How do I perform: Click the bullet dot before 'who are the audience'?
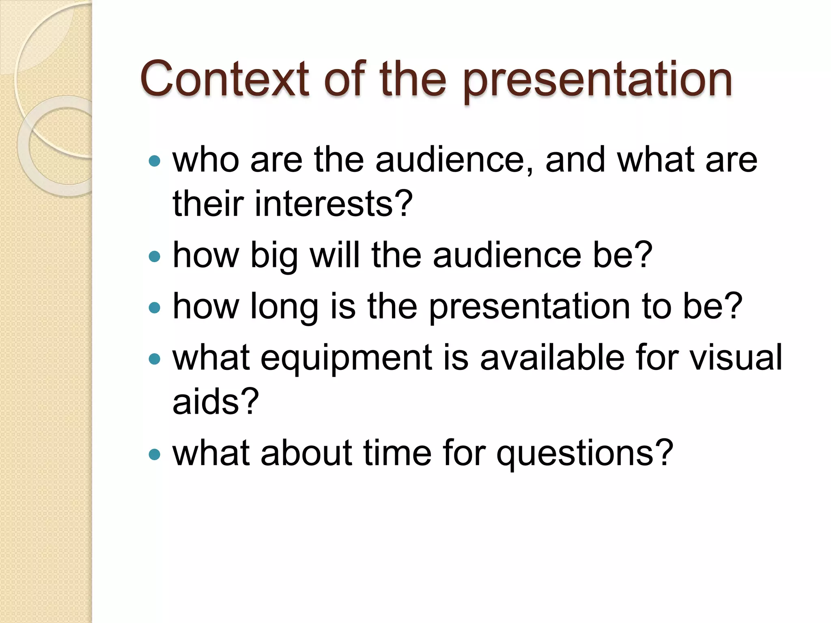(x=155, y=161)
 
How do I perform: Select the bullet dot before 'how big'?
(x=155, y=256)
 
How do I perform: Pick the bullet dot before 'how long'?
(x=155, y=307)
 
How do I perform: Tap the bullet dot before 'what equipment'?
(x=155, y=359)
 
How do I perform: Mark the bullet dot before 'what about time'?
(x=155, y=454)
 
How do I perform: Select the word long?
(x=284, y=307)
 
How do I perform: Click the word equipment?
(x=346, y=359)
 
